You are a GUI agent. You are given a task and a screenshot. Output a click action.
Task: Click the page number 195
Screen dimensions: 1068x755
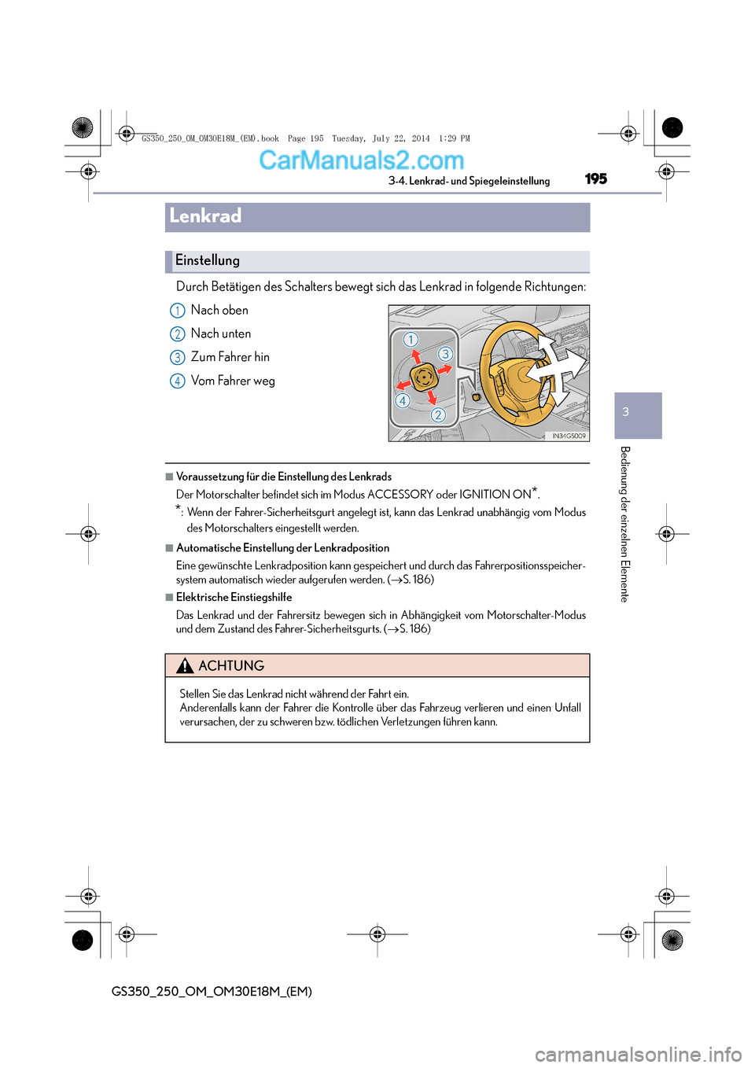pyautogui.click(x=596, y=179)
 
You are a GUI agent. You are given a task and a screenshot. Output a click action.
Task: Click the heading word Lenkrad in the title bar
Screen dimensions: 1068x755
pyautogui.click(x=205, y=216)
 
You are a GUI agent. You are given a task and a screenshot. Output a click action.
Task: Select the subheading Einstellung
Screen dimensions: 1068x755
pyautogui.click(x=208, y=260)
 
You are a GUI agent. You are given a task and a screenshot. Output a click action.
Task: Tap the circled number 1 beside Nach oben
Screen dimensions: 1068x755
pyautogui.click(x=178, y=311)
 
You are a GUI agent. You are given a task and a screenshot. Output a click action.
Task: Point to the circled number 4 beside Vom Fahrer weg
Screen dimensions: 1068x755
pyautogui.click(x=178, y=381)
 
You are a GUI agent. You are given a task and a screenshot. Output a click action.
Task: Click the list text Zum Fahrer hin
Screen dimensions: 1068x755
pyautogui.click(x=230, y=357)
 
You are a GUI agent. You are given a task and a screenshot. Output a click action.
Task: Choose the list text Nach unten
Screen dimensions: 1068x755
pyautogui.click(x=221, y=333)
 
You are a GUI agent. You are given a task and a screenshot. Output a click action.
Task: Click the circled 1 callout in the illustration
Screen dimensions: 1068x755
pyautogui.click(x=411, y=340)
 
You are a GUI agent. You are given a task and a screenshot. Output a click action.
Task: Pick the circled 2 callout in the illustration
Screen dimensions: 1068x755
pyautogui.click(x=438, y=414)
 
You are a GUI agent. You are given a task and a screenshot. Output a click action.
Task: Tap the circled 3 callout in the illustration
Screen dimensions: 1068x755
pyautogui.click(x=445, y=354)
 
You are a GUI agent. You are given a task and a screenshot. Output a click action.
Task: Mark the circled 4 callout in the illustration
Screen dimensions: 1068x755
pyautogui.click(x=403, y=400)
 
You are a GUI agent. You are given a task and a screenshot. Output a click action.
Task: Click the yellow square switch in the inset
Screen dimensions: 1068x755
pyautogui.click(x=423, y=377)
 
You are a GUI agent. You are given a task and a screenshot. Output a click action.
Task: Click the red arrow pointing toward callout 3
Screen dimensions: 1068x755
pyautogui.click(x=444, y=369)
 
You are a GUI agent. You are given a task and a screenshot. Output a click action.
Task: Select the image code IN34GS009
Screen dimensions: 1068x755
pyautogui.click(x=569, y=436)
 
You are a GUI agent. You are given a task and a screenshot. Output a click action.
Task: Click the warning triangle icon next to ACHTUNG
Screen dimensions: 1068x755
pyautogui.click(x=185, y=666)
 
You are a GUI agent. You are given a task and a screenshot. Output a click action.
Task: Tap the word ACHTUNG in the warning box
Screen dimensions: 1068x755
pyautogui.click(x=231, y=666)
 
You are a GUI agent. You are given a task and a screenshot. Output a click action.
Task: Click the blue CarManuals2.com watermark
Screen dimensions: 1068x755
pyautogui.click(x=362, y=160)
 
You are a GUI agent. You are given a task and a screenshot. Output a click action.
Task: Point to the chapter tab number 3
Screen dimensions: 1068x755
pyautogui.click(x=626, y=412)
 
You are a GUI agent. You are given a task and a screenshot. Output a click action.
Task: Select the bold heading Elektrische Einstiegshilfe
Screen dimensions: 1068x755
pyautogui.click(x=234, y=598)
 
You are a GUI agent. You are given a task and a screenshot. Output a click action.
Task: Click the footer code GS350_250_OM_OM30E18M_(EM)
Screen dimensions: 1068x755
pyautogui.click(x=212, y=992)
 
